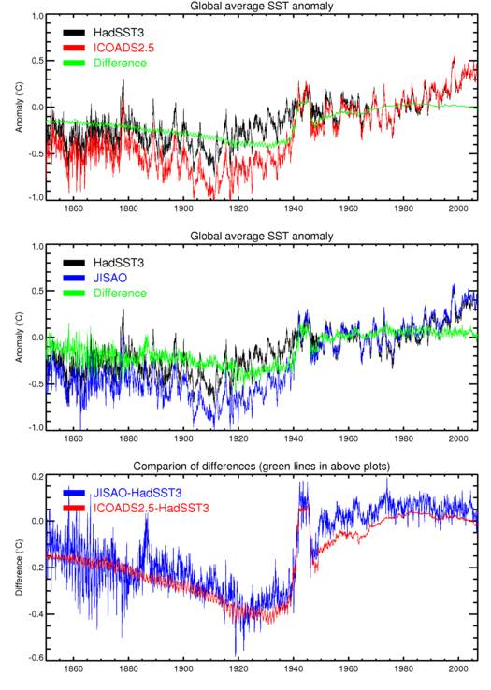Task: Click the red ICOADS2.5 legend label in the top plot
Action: (x=123, y=48)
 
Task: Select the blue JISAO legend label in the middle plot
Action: (x=110, y=278)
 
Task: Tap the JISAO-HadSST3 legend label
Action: (x=137, y=493)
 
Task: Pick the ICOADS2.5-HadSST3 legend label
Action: (x=152, y=509)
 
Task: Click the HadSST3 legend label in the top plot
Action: (x=119, y=33)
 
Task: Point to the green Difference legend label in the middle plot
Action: (x=120, y=294)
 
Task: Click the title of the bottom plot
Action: (x=262, y=466)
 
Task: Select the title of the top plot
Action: (x=262, y=7)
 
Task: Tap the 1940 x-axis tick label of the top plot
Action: (x=294, y=208)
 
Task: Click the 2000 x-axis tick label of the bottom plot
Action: (x=458, y=669)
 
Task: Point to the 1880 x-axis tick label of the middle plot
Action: (x=128, y=438)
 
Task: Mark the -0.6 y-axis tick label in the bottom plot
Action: (x=36, y=659)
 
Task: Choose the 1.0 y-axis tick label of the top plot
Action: (x=37, y=16)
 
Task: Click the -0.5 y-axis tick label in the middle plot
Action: (x=36, y=384)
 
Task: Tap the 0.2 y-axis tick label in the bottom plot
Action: (x=37, y=477)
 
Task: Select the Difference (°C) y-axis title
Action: (x=19, y=568)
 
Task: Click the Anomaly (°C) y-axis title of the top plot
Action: (x=19, y=107)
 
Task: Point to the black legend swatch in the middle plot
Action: (x=74, y=263)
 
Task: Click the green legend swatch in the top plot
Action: (x=74, y=64)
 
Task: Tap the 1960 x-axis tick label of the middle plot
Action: (x=348, y=438)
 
